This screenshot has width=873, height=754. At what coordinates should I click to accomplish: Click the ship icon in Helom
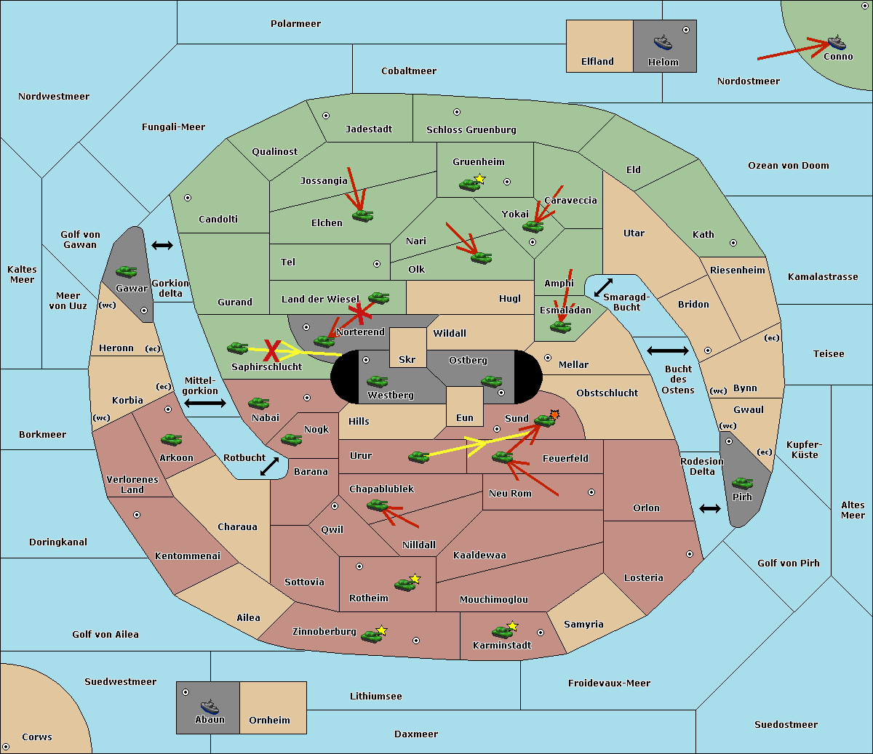pos(663,42)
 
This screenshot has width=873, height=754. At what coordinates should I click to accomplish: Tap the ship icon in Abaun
pos(210,706)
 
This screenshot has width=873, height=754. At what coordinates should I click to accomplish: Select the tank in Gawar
pos(127,271)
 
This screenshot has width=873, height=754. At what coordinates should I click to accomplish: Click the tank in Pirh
pos(743,483)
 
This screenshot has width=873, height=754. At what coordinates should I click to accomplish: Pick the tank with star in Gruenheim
pos(472,183)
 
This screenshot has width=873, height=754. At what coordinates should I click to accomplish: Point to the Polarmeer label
pos(295,24)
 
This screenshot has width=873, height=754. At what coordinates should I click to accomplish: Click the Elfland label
pos(597,62)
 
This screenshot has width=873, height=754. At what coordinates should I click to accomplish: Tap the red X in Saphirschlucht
pos(272,350)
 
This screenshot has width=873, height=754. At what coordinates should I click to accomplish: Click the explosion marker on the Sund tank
pos(554,414)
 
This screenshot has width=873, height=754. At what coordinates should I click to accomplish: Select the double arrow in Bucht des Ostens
pos(668,350)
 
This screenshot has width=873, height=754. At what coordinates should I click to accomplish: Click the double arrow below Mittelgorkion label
pos(205,403)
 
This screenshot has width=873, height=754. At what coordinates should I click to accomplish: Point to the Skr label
pos(407,359)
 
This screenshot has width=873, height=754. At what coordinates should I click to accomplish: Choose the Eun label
pos(465,417)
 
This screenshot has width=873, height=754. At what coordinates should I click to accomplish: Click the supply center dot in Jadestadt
pos(326,116)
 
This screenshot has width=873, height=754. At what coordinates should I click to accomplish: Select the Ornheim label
pos(269,721)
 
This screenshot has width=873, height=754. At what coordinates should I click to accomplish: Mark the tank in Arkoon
pos(172,440)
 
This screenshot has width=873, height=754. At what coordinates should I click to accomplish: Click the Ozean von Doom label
pos(789,166)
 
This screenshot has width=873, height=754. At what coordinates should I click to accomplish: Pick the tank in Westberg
pos(377,381)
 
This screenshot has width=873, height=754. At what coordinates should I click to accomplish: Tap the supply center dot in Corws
pos(6,747)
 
